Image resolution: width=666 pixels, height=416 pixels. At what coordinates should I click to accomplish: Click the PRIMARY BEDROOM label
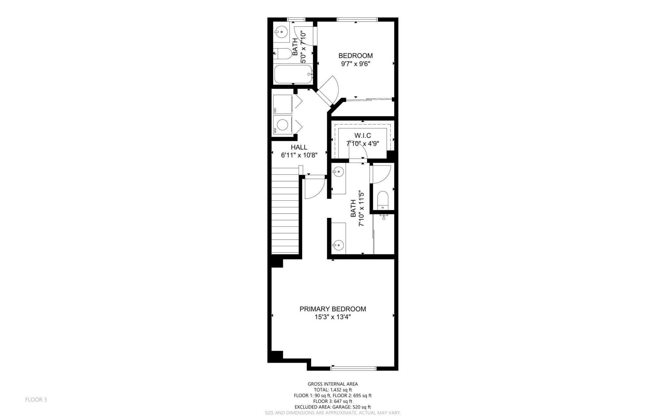pos(333,309)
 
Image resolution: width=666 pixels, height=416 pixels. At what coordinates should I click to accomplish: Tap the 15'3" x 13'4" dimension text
pos(333,317)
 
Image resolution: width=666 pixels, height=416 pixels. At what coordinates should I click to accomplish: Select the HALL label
pos(299,147)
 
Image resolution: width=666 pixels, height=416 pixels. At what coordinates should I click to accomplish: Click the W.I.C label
pos(362,135)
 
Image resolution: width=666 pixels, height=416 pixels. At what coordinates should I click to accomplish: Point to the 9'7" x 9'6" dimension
pos(355,64)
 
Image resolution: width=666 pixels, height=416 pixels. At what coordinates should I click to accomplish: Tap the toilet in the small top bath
pos(282,54)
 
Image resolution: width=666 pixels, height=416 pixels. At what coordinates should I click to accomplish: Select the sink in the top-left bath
pos(281,32)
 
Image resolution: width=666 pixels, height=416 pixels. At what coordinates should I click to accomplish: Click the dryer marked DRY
pos(282,104)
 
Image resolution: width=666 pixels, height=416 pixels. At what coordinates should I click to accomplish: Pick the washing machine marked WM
pos(282,125)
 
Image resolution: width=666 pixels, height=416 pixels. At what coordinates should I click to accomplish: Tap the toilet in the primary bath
pos(382,200)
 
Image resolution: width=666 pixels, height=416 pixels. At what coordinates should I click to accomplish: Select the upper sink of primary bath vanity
pos(339,171)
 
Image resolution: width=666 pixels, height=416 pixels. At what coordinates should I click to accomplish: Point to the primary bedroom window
pos(353,368)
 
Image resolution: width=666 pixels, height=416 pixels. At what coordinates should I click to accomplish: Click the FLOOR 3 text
pos(36,400)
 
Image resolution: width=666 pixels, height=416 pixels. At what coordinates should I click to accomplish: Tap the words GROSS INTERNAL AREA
pos(333,384)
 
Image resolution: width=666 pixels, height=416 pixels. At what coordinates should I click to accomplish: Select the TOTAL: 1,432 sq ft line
pos(333,390)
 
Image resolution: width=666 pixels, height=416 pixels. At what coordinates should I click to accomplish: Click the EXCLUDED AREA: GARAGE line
pos(333,407)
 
